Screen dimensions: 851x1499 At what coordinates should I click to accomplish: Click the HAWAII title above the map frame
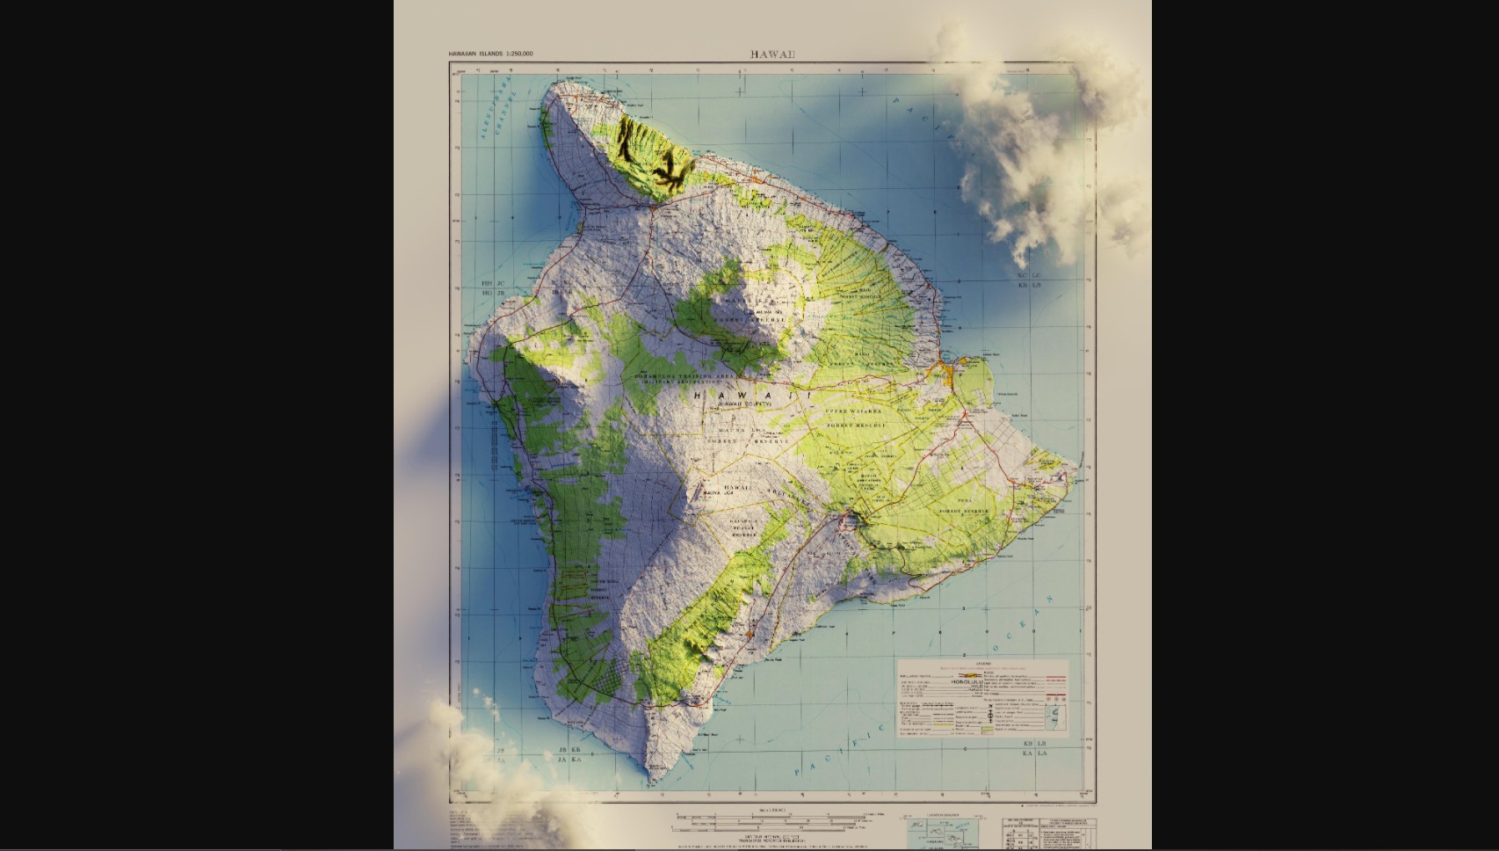pos(772,55)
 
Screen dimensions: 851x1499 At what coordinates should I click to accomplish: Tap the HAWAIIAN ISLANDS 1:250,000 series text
pos(490,55)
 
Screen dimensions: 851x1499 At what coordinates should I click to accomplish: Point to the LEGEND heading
pos(982,664)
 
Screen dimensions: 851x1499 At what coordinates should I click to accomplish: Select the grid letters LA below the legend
pos(1043,753)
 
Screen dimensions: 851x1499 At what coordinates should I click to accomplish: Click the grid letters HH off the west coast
pos(487,284)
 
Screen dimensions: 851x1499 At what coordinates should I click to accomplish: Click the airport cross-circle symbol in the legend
pos(990,716)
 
